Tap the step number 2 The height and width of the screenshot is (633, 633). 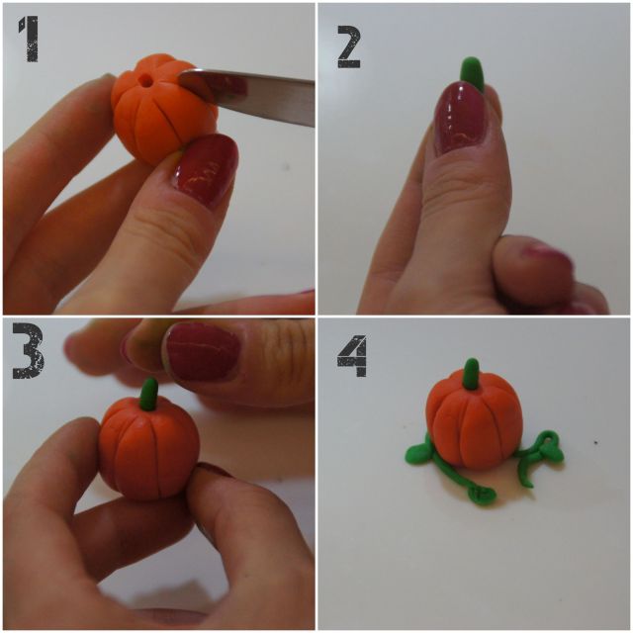coord(348,45)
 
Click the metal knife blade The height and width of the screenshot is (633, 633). coord(262,94)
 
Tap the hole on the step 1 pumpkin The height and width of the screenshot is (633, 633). coord(146,75)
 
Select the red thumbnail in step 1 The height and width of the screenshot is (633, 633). coord(208,168)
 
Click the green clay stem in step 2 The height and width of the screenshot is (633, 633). coord(472,72)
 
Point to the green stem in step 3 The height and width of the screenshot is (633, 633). coord(149,393)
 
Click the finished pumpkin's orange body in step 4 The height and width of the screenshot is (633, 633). coord(475,425)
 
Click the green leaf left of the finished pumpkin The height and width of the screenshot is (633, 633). coord(418,452)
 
